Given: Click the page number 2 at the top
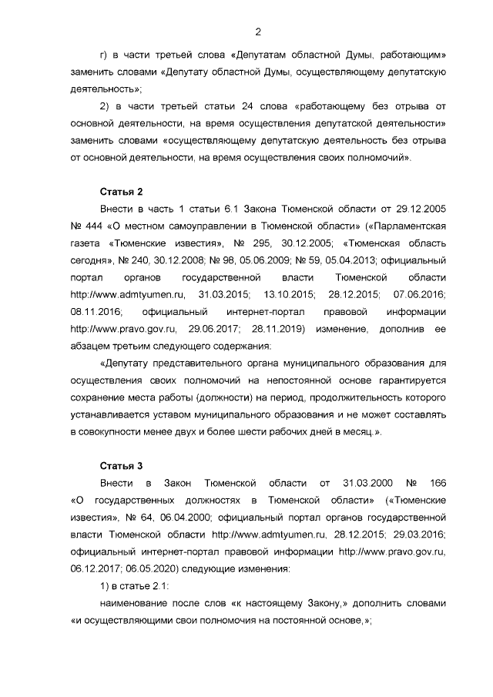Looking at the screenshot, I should coord(258,32).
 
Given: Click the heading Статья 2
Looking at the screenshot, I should coord(122,191).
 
